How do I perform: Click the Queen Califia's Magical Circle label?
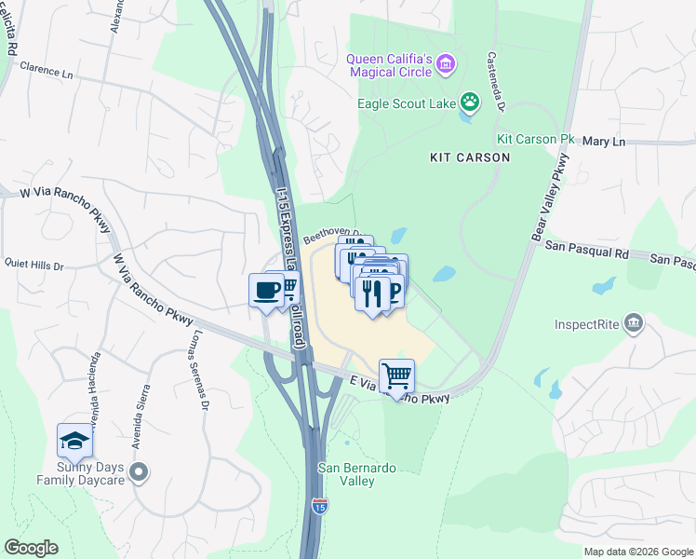click(x=389, y=65)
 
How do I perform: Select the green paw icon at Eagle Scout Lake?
click(x=471, y=101)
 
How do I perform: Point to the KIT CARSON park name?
click(x=470, y=157)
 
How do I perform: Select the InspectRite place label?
click(x=588, y=325)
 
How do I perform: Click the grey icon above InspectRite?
click(x=635, y=324)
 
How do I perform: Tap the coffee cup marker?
click(x=266, y=291)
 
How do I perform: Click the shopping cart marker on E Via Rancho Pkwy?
click(x=396, y=376)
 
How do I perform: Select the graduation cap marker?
click(x=74, y=441)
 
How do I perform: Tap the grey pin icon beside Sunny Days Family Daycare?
click(x=139, y=472)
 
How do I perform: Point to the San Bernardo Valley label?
click(x=346, y=474)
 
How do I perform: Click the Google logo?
click(x=31, y=547)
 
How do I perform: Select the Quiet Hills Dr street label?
click(x=33, y=266)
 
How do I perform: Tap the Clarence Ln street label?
click(x=47, y=69)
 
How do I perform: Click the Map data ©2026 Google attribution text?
click(x=637, y=552)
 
